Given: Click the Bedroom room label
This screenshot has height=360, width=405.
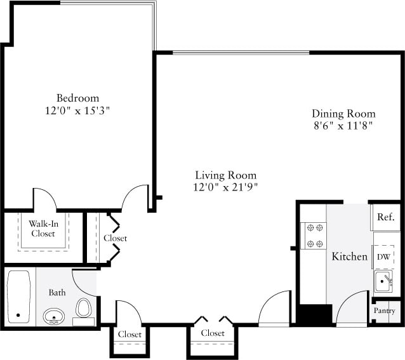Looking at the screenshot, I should click(x=77, y=98).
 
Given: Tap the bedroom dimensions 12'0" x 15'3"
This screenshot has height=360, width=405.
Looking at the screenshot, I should click(x=77, y=110).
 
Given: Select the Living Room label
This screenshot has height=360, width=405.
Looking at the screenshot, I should click(x=225, y=175).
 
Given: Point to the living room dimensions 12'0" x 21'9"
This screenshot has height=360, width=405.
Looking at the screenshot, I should click(x=225, y=187).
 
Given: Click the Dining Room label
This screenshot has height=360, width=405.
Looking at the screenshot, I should click(x=343, y=114).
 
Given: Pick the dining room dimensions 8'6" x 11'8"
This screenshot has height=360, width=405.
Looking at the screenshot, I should click(x=343, y=126).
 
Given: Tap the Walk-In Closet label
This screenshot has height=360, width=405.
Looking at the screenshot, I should click(x=43, y=228).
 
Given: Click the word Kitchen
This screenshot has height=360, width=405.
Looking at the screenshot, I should click(x=350, y=257).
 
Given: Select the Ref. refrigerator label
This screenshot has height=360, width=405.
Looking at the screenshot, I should click(x=385, y=217).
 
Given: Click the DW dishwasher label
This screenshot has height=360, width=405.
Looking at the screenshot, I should click(x=383, y=257).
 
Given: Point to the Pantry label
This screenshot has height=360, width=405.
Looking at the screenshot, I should click(x=385, y=311).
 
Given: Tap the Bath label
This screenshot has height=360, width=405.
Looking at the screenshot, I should click(x=57, y=293).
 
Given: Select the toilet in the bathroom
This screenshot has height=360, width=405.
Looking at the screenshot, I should click(x=83, y=309).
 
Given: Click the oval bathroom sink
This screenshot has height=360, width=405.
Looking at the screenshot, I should click(x=55, y=315).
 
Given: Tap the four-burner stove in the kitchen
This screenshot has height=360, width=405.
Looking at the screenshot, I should click(x=313, y=235).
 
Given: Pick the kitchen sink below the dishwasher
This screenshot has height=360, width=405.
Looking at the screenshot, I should click(x=383, y=279).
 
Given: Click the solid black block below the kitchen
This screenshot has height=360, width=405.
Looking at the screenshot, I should click(x=315, y=315).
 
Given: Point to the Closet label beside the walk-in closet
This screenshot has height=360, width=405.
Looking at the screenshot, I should click(x=115, y=238).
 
